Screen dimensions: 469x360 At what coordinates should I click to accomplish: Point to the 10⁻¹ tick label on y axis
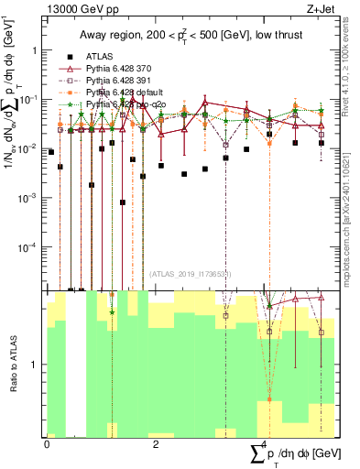click(29, 99)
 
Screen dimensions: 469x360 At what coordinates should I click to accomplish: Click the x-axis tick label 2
click(157, 442)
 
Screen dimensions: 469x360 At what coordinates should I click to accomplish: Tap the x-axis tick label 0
click(47, 442)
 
